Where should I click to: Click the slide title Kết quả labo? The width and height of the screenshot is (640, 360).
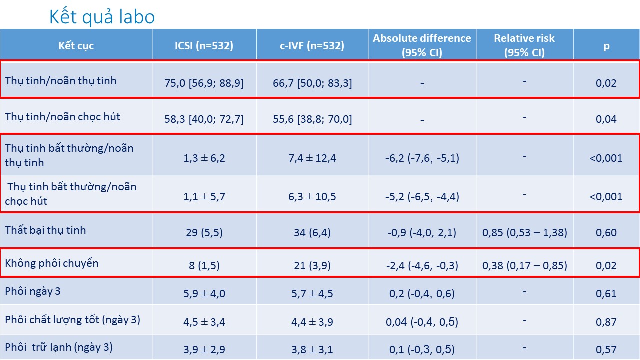click(x=102, y=17)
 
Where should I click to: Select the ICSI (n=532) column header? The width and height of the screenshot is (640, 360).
click(x=204, y=46)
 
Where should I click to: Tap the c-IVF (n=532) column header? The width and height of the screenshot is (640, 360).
click(x=312, y=46)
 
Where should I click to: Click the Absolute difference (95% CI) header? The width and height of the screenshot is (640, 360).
click(x=422, y=45)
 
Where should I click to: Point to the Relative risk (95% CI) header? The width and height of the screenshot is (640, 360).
click(x=524, y=45)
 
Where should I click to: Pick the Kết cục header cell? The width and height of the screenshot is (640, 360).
click(x=76, y=46)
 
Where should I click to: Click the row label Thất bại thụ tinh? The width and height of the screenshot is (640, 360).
click(x=45, y=230)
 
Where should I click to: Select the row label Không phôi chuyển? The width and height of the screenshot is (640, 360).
click(x=52, y=263)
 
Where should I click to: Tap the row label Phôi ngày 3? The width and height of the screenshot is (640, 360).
click(x=33, y=291)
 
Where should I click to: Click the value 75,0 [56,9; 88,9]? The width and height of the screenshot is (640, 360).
click(x=204, y=83)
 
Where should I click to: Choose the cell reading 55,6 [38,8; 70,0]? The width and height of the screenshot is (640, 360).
click(x=313, y=119)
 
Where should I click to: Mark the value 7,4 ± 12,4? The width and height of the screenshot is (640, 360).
click(x=313, y=158)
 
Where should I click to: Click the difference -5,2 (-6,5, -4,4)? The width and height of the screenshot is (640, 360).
click(x=422, y=196)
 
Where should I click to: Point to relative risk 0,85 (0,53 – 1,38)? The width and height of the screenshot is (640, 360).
click(x=524, y=232)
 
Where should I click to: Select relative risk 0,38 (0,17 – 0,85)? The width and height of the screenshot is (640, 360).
click(x=524, y=265)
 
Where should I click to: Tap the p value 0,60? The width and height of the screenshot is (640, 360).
click(x=606, y=232)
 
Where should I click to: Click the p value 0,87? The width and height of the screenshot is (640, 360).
click(x=606, y=322)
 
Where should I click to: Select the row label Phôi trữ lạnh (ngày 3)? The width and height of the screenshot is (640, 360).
click(x=59, y=347)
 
